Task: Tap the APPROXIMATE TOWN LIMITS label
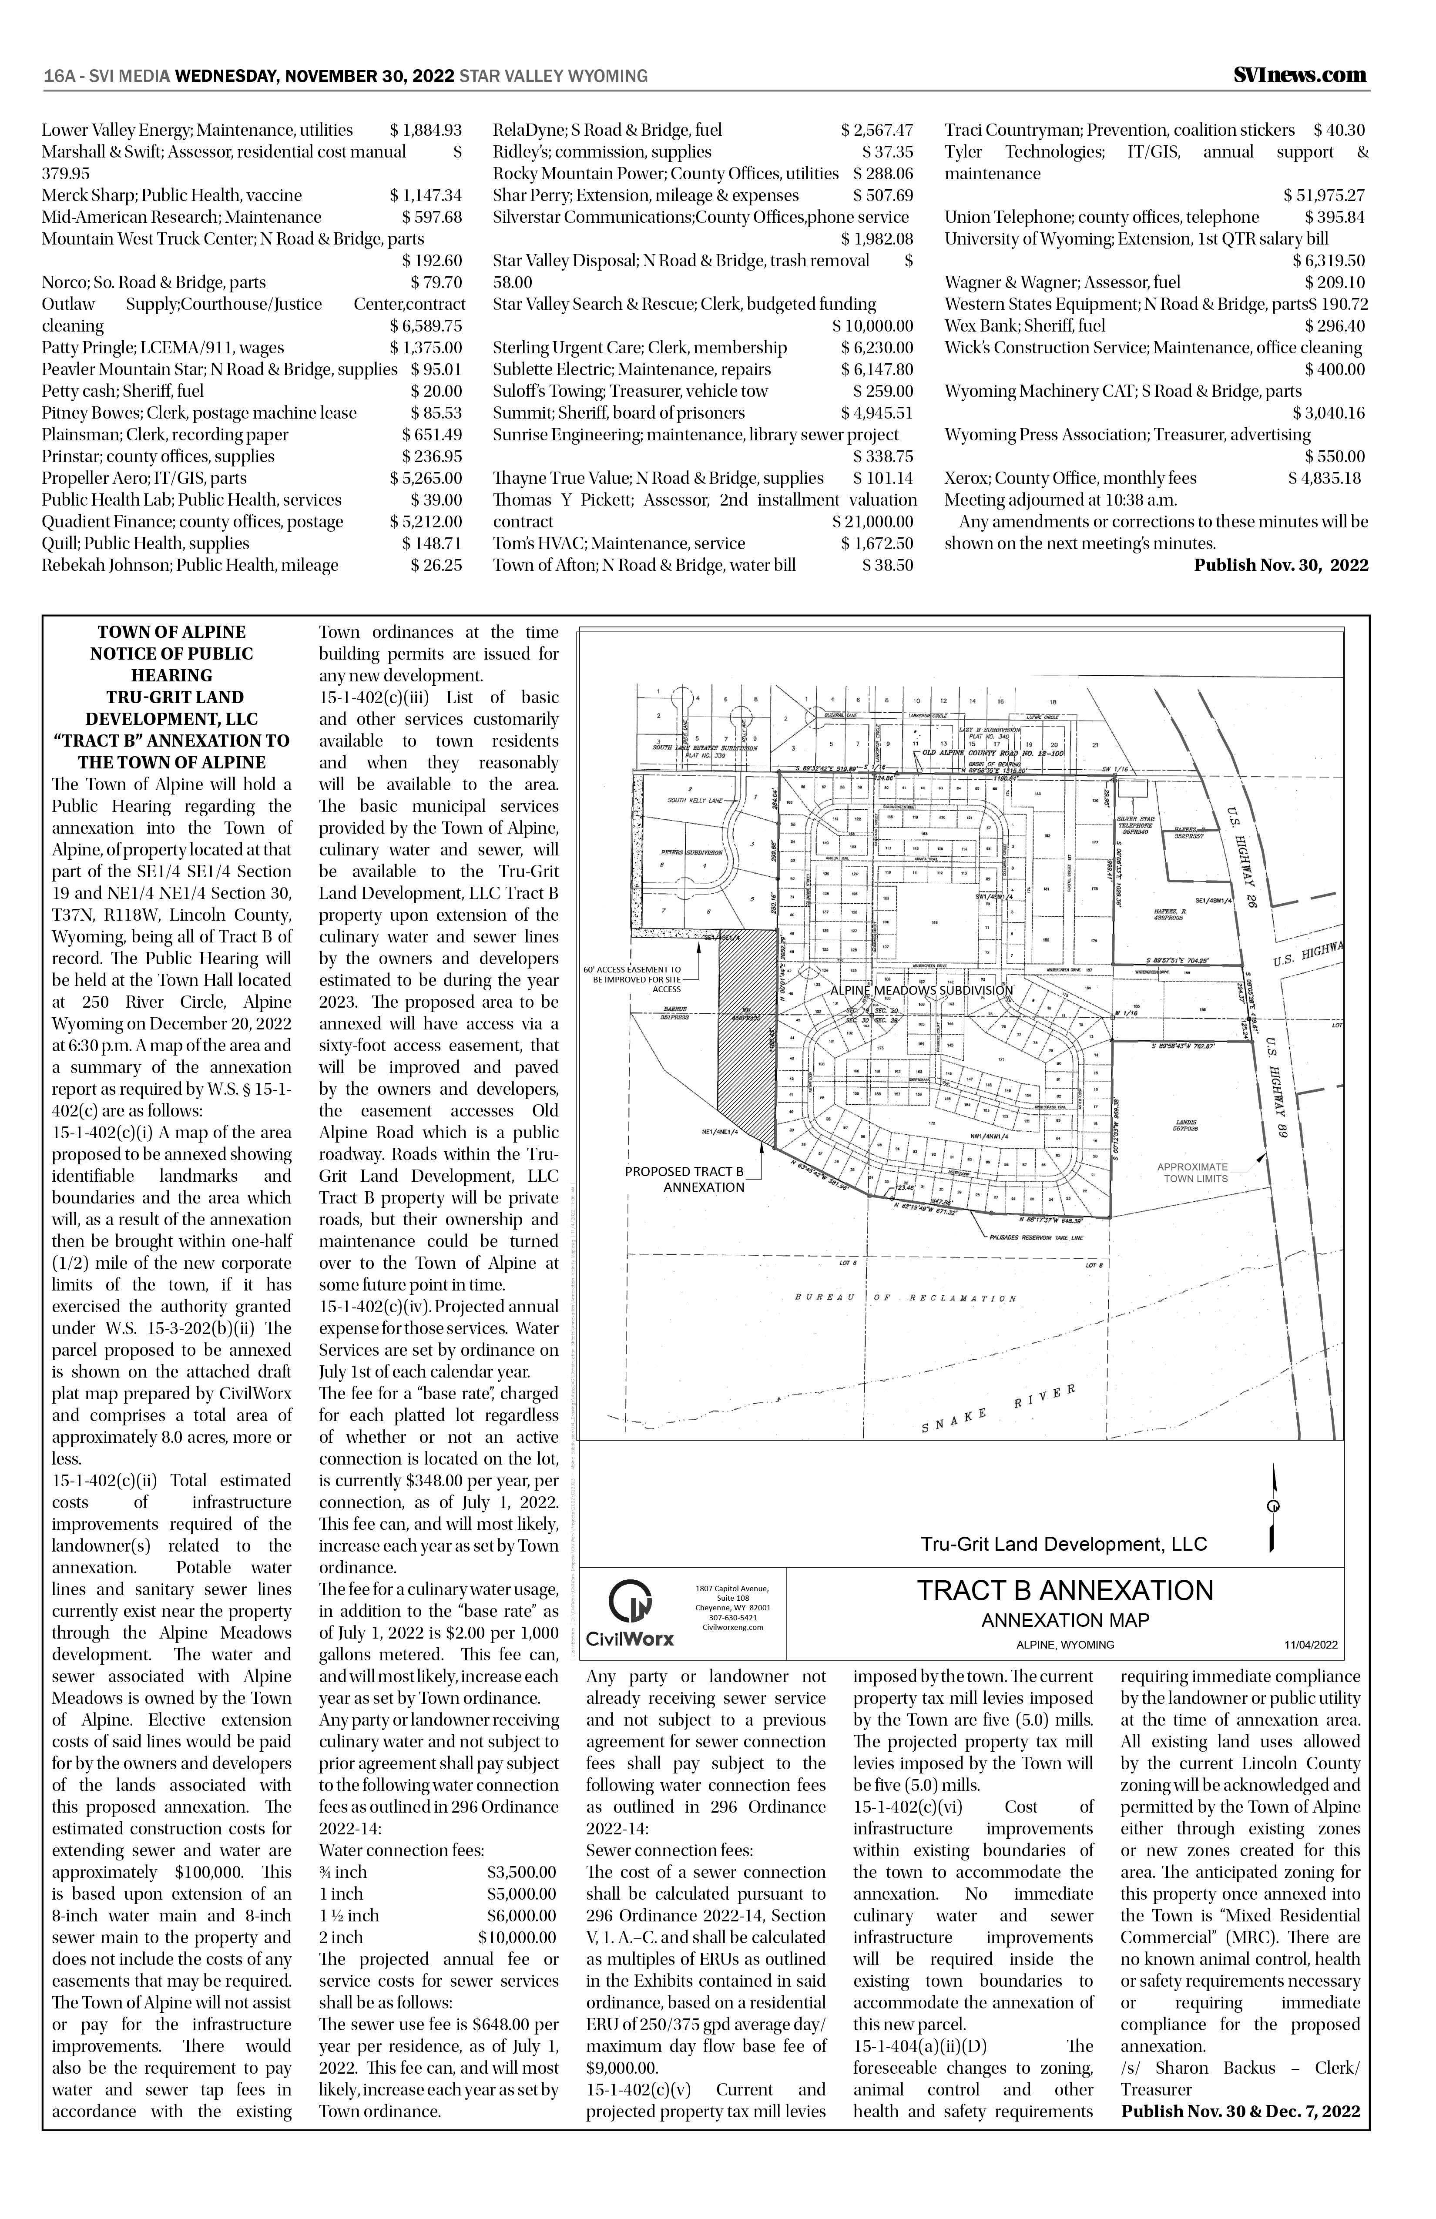coord(1192,1173)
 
